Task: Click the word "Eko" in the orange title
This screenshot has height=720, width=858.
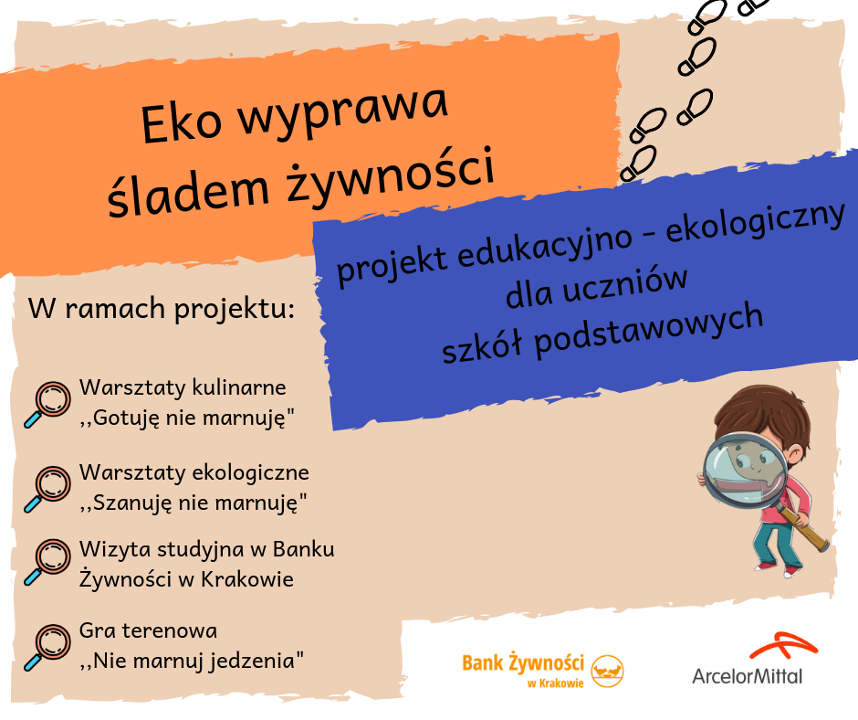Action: click(182, 122)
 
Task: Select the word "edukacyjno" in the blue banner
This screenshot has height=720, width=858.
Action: click(545, 248)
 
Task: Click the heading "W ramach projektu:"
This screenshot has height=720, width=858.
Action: click(162, 309)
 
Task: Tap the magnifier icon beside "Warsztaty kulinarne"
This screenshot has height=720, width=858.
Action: click(47, 404)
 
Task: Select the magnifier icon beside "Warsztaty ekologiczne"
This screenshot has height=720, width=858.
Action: click(47, 489)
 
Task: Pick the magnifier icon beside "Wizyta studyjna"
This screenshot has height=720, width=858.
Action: click(47, 562)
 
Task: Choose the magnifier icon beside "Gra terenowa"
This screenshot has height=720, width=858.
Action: click(47, 647)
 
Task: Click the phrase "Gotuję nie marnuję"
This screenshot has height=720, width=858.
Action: click(189, 418)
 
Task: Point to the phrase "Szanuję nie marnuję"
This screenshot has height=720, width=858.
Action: click(195, 503)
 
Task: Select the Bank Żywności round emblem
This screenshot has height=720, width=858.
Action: click(607, 672)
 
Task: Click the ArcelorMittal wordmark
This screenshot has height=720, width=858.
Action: click(748, 676)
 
